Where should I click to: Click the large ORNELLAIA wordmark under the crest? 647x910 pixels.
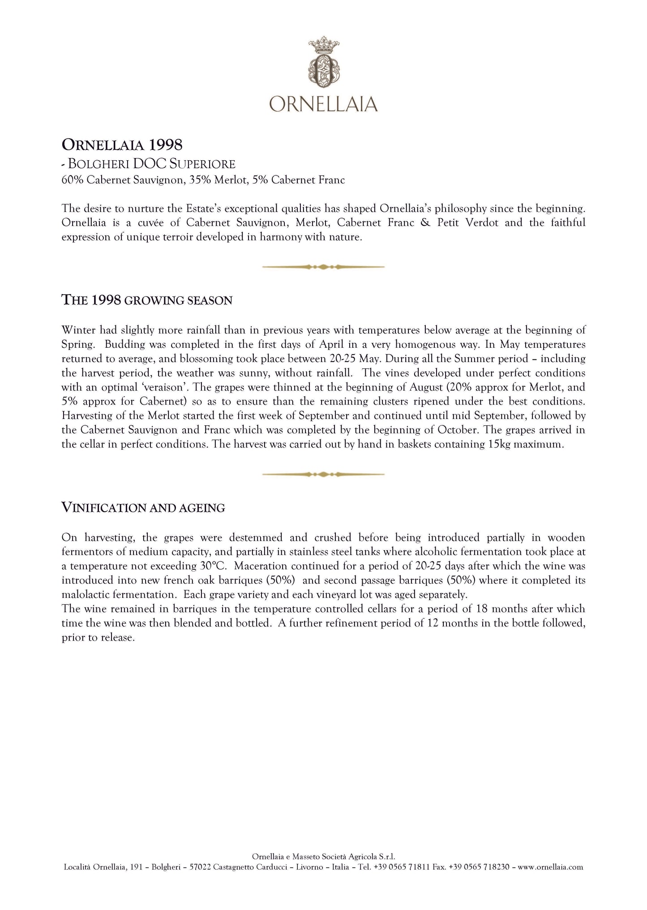[323, 104]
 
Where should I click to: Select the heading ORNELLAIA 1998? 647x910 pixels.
[122, 145]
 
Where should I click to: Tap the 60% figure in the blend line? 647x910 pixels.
[72, 180]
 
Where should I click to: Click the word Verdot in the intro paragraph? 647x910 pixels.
[482, 222]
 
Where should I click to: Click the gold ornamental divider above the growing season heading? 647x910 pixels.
[323, 267]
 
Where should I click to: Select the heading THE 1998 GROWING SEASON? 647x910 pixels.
[147, 300]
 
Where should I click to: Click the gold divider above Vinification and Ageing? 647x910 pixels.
[323, 474]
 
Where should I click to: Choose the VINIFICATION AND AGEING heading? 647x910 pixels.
[143, 508]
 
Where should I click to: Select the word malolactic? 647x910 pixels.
[85, 594]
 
